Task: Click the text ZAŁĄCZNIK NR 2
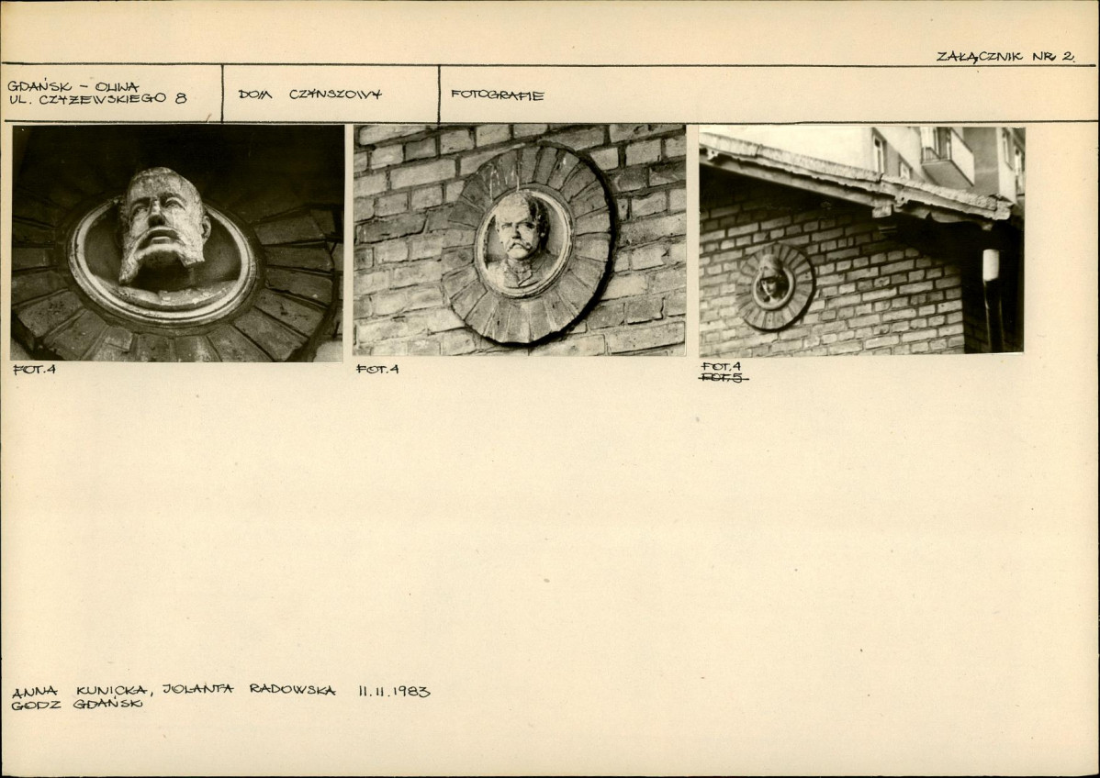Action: [x=1005, y=57]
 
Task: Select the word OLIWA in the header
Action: [x=117, y=87]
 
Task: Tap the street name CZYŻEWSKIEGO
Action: [x=103, y=99]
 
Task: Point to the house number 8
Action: [x=181, y=99]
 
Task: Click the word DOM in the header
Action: [x=254, y=94]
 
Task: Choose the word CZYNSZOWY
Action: [x=335, y=94]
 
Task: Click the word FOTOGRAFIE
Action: [x=498, y=95]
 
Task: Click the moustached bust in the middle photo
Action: [x=519, y=242]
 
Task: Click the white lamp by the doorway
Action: [x=991, y=265]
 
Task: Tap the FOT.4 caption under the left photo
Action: [x=34, y=370]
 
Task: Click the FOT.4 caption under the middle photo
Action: [x=377, y=369]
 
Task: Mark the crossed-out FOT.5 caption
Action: [x=724, y=379]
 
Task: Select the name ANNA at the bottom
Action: [x=35, y=692]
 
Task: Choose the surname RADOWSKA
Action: [x=293, y=690]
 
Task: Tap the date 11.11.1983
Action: [x=394, y=691]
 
